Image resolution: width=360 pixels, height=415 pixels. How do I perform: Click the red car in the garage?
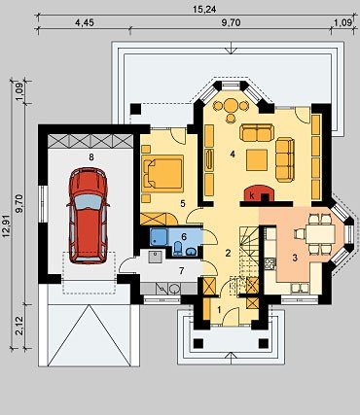(x=88, y=215)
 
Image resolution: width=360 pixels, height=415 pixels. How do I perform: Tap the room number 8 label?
(x=91, y=157)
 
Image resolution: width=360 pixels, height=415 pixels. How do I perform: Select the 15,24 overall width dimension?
(x=199, y=9)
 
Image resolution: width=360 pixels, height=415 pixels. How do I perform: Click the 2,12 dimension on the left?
(x=20, y=326)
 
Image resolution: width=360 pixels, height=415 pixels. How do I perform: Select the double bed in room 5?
(x=162, y=172)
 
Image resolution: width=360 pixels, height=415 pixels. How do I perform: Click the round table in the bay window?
(x=231, y=105)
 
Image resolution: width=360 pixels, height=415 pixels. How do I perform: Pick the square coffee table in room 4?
(x=257, y=159)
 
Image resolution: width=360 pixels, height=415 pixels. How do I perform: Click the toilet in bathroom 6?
(x=178, y=249)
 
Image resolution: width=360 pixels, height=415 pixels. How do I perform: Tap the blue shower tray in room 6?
(x=159, y=236)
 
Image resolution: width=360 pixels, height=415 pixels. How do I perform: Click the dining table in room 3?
(x=320, y=234)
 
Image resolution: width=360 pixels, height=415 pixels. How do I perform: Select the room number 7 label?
(x=182, y=271)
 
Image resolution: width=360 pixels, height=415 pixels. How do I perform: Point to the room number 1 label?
(x=219, y=310)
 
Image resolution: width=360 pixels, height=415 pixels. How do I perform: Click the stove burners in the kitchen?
(x=270, y=263)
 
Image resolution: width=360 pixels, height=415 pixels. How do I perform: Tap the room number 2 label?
(x=228, y=253)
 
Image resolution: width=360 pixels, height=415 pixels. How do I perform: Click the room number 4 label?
(x=233, y=155)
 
